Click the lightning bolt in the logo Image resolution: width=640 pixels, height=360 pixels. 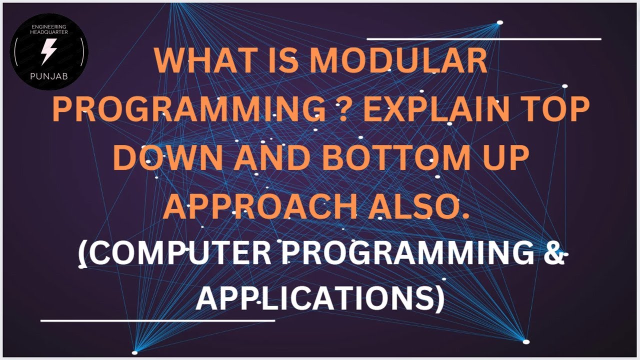[x=48, y=51]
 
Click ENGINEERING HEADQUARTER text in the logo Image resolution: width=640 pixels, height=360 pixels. [x=49, y=28]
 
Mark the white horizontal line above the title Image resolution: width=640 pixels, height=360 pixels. [x=483, y=38]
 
